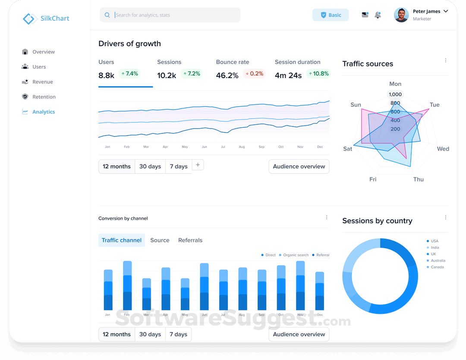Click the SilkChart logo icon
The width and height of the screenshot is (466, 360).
click(28, 19)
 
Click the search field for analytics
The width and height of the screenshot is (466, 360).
click(173, 15)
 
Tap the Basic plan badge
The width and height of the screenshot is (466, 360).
click(331, 15)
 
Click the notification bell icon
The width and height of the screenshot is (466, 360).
click(378, 15)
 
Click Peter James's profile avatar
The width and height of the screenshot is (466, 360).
click(401, 15)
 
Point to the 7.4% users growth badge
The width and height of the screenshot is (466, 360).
click(129, 74)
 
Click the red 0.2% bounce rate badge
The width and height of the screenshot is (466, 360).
click(254, 74)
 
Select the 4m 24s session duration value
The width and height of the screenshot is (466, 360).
click(288, 76)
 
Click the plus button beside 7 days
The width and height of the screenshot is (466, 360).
click(198, 165)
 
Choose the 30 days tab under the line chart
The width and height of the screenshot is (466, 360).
click(150, 167)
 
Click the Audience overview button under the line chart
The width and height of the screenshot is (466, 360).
click(299, 167)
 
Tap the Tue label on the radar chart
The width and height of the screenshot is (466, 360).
click(435, 105)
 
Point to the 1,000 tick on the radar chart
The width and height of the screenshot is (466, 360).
click(395, 95)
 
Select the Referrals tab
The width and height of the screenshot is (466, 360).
click(190, 240)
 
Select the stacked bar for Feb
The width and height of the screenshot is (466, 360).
click(127, 286)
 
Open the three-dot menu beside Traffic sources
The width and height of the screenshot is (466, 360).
click(446, 60)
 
